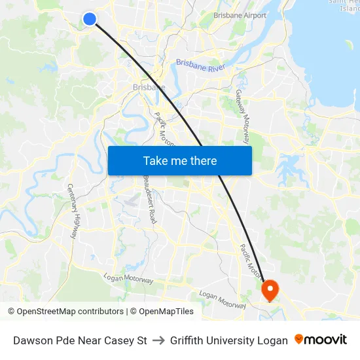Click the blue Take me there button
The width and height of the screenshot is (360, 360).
(180, 160)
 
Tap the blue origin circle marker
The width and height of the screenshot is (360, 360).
(90, 19)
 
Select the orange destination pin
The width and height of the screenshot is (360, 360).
(270, 289)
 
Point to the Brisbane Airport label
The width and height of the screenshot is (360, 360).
(240, 15)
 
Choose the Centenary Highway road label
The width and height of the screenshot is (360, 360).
(73, 211)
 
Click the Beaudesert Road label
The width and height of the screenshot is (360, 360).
(150, 199)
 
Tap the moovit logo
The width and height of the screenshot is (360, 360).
(320, 340)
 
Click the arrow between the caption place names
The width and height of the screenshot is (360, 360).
(158, 340)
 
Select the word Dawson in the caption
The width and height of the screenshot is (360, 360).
(33, 340)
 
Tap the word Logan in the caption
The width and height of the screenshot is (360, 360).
(274, 340)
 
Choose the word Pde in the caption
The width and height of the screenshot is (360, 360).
(66, 340)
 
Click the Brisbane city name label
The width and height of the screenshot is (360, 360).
(149, 87)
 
